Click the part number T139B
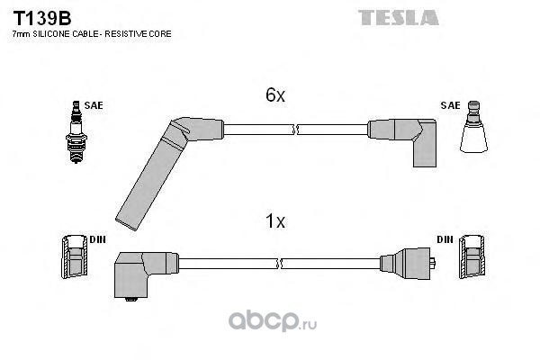point(42,18)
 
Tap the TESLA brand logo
point(399,18)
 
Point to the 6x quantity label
point(275,94)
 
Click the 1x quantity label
point(275,220)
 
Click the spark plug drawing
point(76,132)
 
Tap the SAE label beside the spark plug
point(94,105)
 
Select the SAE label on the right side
point(450,105)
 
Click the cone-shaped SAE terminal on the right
point(474,127)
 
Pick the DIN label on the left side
point(98,239)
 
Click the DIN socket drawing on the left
point(75,256)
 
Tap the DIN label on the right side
point(445,239)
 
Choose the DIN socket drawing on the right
point(472,256)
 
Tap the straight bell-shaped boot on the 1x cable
point(407,264)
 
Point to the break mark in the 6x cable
point(295,130)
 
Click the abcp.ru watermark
point(273,321)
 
